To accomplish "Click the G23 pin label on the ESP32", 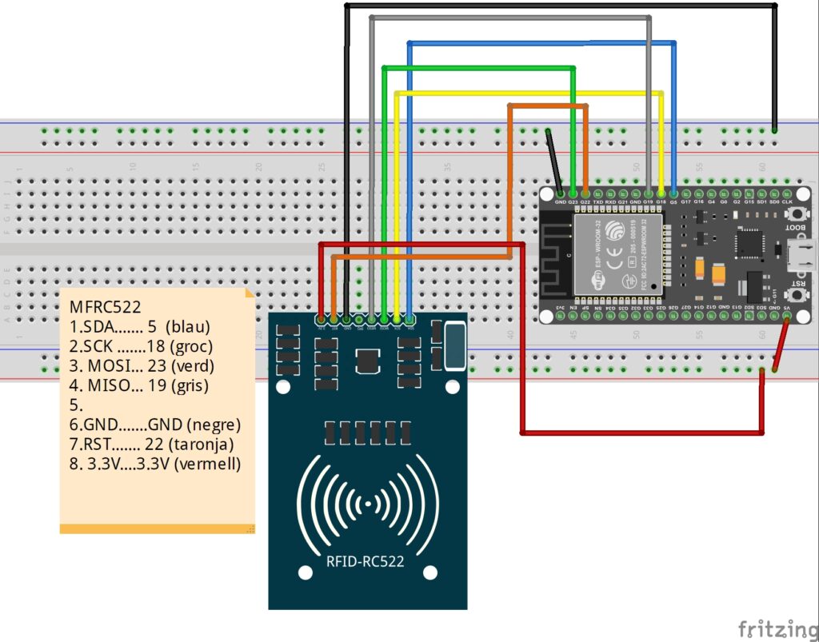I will point(573,202).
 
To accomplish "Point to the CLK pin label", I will point(787,202).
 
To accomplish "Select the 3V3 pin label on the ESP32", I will point(560,307).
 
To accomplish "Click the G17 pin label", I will point(685,202).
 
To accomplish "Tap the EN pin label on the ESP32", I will point(573,307).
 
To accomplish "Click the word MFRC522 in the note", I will point(105,306).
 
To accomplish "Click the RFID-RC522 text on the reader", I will point(365,561).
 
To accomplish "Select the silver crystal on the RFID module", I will point(454,345).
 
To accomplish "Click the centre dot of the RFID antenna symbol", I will point(367,504).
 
